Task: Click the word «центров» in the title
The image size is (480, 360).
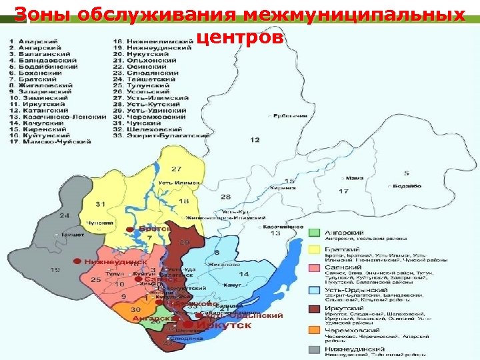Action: (x=241, y=39)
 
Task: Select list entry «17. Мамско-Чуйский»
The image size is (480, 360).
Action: (x=51, y=142)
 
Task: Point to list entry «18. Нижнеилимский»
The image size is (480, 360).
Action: (x=153, y=41)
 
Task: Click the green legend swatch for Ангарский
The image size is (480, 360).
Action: (x=315, y=232)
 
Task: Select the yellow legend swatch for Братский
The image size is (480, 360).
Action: (x=315, y=249)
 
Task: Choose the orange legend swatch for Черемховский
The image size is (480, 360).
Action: (x=315, y=330)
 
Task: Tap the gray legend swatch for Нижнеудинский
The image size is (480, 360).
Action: (x=315, y=349)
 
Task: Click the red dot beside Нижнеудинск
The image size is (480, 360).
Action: (x=78, y=261)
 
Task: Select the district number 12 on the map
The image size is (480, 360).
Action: (x=255, y=141)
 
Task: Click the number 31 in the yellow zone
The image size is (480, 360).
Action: (x=101, y=203)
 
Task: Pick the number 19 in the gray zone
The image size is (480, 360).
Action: (x=54, y=270)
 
